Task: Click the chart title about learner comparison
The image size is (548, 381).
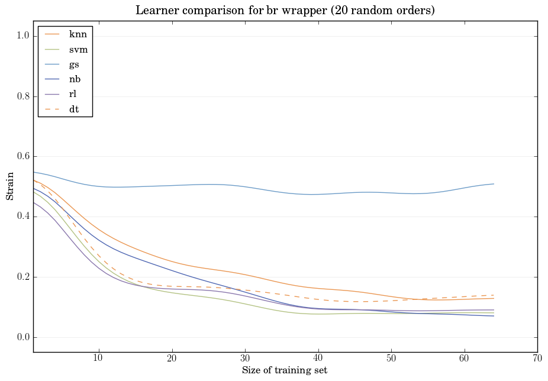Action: [286, 10]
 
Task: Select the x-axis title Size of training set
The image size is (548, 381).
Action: [285, 370]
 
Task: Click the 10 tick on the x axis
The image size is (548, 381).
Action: [99, 359]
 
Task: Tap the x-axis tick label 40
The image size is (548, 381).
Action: [318, 359]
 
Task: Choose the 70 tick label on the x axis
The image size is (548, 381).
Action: [537, 359]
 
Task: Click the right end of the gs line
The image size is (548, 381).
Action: [494, 184]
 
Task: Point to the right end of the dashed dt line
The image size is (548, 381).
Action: [494, 295]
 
